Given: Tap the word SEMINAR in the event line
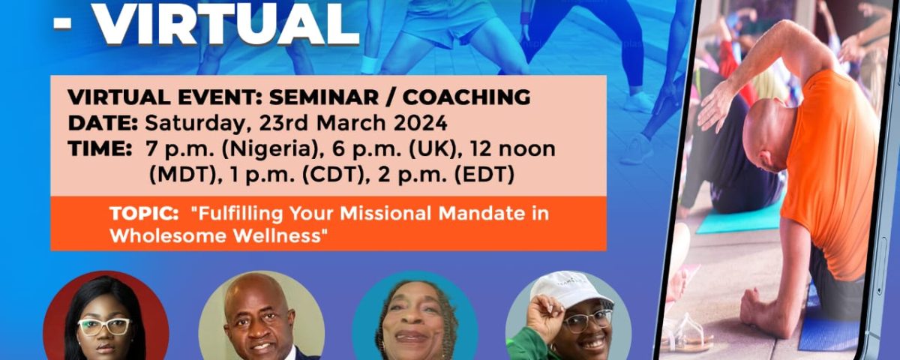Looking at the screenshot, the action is click(x=324, y=97).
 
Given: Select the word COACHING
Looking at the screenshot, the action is click(x=466, y=97).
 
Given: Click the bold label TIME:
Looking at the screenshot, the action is click(x=100, y=148).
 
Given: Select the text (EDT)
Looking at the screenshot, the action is click(x=484, y=175).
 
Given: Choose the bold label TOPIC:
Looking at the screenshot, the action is click(x=144, y=213).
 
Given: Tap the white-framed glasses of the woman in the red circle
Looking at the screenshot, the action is click(x=104, y=327).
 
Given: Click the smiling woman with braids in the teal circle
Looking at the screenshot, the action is click(x=415, y=319).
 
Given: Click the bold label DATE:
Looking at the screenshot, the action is click(x=103, y=123).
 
